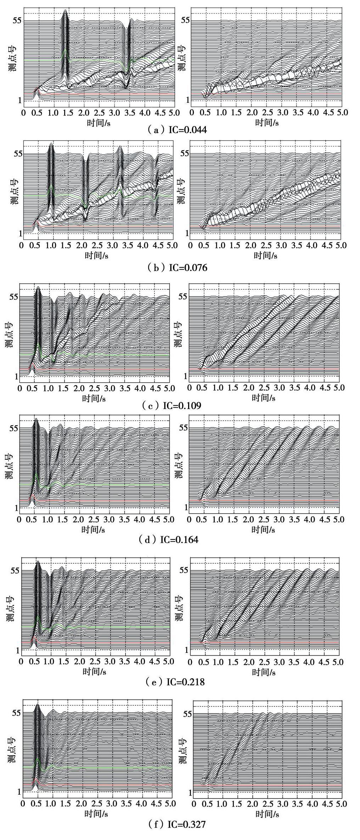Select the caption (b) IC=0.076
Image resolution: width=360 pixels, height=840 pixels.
point(177,268)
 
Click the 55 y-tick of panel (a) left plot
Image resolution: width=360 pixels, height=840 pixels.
point(17,21)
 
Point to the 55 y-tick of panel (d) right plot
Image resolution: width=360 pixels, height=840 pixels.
point(184,427)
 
